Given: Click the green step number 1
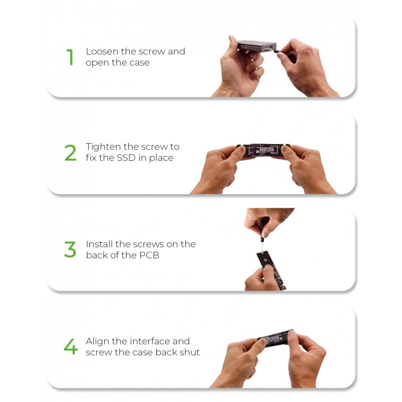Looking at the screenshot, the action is [x=70, y=57].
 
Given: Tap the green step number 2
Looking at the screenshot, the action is [x=71, y=153].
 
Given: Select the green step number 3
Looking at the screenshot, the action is [x=70, y=249].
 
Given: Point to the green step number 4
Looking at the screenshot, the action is [x=71, y=347].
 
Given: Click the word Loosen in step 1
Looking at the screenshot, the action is [x=103, y=52].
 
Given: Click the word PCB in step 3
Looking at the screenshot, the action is [x=149, y=255].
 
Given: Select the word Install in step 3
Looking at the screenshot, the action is [x=99, y=244].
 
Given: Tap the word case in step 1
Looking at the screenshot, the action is [x=140, y=63].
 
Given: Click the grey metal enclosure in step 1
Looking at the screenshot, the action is [x=257, y=46].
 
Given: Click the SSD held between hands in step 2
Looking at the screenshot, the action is [x=263, y=150].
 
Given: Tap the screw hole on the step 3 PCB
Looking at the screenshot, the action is [x=266, y=260].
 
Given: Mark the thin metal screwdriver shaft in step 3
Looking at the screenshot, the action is [x=262, y=247].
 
